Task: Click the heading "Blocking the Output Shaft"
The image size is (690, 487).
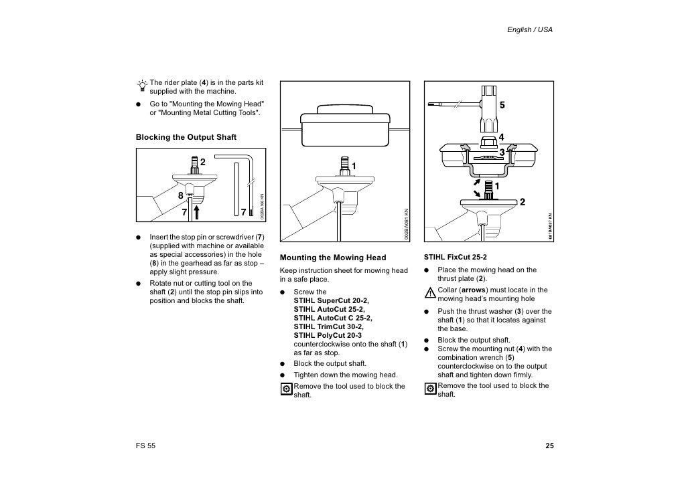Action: (186, 137)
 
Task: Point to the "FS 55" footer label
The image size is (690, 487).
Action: (146, 446)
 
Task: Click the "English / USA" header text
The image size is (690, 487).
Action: (530, 31)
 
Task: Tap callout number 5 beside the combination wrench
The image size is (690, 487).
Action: (502, 106)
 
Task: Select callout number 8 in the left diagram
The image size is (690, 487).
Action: (180, 196)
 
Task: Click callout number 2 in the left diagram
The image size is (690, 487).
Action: (202, 162)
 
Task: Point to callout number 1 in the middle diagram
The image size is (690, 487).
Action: (353, 165)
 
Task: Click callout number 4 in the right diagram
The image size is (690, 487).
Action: (500, 138)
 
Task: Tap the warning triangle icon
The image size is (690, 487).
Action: (430, 293)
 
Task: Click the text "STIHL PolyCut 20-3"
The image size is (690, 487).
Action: (328, 335)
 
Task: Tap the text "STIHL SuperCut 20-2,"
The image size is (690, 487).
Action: (331, 300)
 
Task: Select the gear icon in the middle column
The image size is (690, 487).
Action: (286, 389)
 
